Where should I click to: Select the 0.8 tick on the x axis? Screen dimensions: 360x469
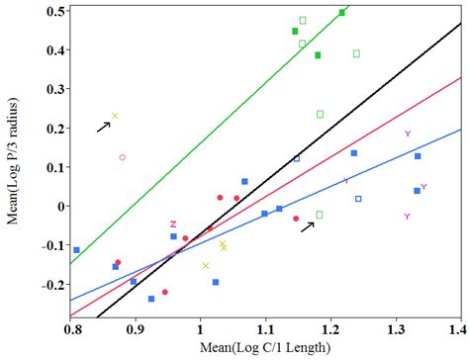click(72, 325)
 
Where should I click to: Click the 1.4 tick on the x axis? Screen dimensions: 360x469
click(457, 325)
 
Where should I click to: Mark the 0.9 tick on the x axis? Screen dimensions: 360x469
click(137, 325)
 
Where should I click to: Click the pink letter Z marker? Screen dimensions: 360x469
click(173, 225)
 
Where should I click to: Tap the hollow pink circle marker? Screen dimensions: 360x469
click(123, 157)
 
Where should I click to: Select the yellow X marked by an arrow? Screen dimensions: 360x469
click(115, 116)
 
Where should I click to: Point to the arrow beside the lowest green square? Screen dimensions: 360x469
click(308, 226)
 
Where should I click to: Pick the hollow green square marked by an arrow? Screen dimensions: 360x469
click(319, 215)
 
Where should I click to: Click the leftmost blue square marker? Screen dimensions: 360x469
click(76, 250)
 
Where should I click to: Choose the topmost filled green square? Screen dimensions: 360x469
click(342, 13)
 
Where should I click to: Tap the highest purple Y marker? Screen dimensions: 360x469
click(407, 134)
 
